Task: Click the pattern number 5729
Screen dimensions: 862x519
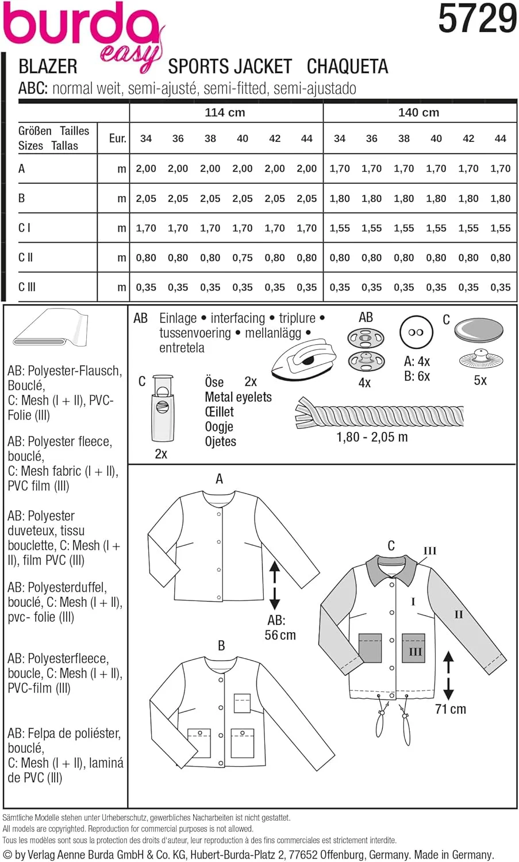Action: [x=477, y=18]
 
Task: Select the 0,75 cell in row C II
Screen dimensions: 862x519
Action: [x=242, y=257]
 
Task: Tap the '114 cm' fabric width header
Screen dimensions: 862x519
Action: [x=225, y=113]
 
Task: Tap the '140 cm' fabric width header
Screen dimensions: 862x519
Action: [x=418, y=113]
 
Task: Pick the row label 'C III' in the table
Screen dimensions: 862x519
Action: [x=27, y=287]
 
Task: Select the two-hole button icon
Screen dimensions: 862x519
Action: [x=416, y=332]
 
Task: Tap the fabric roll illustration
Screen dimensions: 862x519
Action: [x=51, y=329]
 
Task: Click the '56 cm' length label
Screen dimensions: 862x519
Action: [x=280, y=635]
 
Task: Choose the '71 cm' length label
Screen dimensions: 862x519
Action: [x=451, y=709]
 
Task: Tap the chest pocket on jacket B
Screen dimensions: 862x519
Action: [x=242, y=703]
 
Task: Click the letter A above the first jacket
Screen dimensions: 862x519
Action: [x=219, y=479]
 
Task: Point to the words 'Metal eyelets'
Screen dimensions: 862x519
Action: [x=238, y=397]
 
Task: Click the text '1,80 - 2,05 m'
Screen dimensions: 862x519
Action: [x=372, y=437]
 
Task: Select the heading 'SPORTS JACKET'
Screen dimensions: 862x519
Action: [x=230, y=67]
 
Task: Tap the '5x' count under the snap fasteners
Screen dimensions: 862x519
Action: [x=480, y=380]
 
